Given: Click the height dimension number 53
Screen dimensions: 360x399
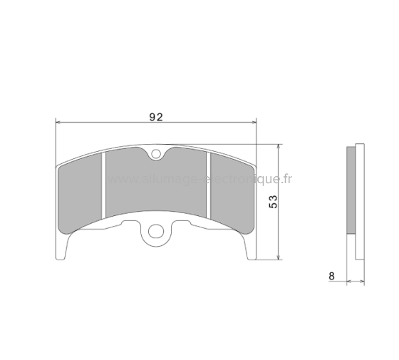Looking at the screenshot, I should pos(272,202).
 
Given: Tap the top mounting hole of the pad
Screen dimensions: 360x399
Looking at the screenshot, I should pos(157,152).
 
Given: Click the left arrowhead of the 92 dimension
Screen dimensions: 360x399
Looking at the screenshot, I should pos(59,123).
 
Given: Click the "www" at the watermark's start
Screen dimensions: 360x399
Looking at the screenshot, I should pos(117,180).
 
